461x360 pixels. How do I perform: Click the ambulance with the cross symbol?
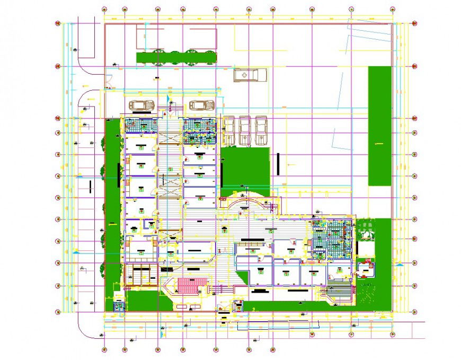[x=250, y=75]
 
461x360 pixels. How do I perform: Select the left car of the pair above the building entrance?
[x=140, y=105]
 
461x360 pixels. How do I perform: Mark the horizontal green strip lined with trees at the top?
[x=176, y=57]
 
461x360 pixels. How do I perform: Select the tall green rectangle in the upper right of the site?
[x=379, y=126]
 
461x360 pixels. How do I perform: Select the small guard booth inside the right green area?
[x=366, y=268]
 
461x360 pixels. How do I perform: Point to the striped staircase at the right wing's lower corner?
[x=340, y=291]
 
